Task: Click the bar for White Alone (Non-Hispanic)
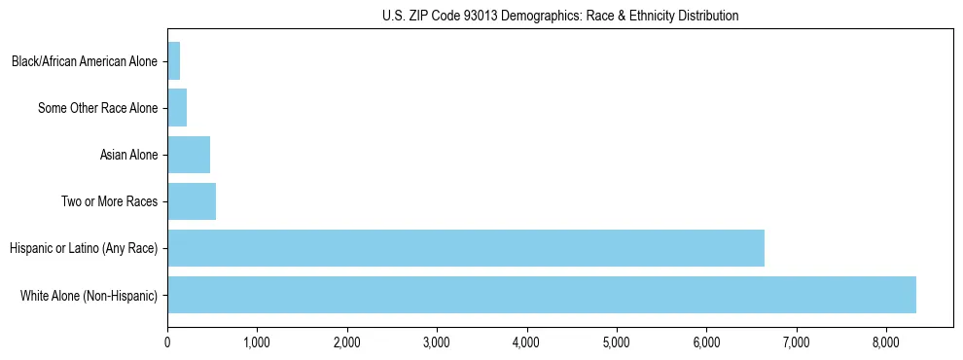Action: [542, 295]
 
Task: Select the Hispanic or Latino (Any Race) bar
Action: [466, 248]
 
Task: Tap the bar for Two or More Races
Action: [192, 201]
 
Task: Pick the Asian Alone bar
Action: [189, 155]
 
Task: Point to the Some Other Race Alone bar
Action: [177, 108]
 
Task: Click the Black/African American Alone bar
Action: [174, 61]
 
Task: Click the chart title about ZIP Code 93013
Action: [560, 16]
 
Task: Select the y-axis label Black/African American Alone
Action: [85, 62]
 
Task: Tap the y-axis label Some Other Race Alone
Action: [97, 108]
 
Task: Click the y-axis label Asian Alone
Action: [128, 155]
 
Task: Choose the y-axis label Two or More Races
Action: [109, 201]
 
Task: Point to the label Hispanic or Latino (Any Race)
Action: [84, 248]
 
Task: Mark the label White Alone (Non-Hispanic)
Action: [89, 295]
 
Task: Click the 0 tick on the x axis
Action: [167, 342]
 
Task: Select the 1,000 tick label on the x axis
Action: [257, 342]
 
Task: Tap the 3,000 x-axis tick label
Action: [437, 342]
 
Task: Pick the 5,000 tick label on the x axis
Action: [617, 342]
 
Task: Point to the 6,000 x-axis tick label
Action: [706, 342]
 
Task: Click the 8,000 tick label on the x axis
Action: [886, 342]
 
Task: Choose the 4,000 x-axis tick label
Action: [526, 342]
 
